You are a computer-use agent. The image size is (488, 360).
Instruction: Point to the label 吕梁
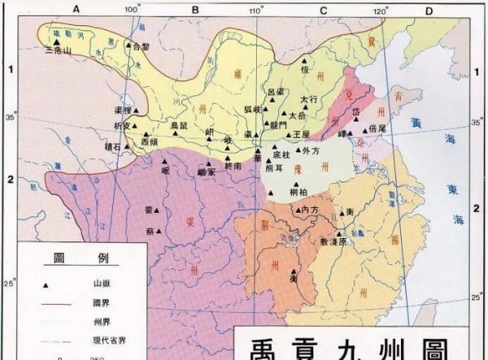[277, 92]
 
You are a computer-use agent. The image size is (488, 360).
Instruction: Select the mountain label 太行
[308, 99]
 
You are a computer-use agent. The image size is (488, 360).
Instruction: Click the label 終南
[233, 164]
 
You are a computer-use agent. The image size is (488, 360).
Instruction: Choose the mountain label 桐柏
[298, 192]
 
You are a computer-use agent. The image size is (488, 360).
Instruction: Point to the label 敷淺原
[333, 241]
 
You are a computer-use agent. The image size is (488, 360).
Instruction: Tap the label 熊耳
[274, 168]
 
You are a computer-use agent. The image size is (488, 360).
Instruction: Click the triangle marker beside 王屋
[289, 132]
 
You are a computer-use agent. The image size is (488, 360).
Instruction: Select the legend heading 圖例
[81, 258]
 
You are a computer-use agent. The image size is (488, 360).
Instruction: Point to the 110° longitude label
[255, 11]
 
